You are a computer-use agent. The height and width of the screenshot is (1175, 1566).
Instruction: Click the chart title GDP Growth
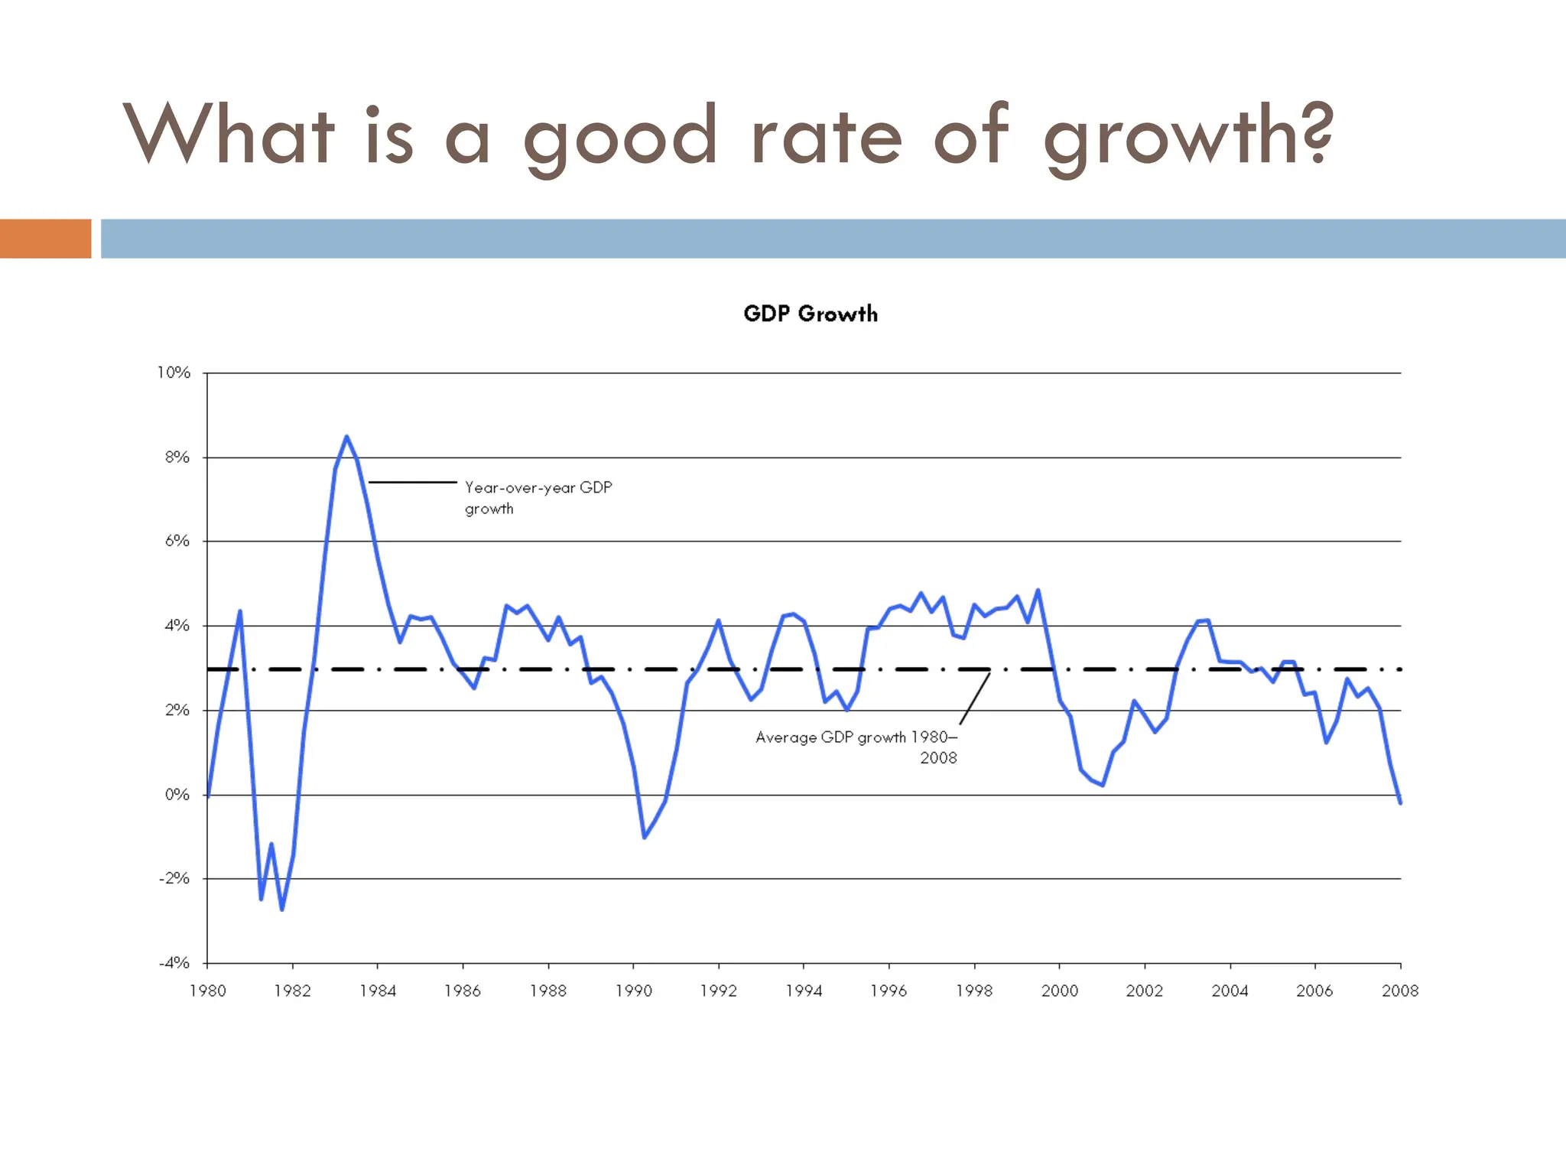pos(810,314)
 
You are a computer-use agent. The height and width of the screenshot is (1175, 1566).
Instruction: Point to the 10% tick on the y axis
pos(174,373)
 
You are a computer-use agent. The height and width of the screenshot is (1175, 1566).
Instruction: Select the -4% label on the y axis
pos(174,962)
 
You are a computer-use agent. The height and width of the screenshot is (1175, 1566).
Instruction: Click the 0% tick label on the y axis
pos(177,794)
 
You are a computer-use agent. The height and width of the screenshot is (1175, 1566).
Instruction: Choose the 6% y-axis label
pos(177,541)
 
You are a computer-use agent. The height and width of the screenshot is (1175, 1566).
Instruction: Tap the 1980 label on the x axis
pos(207,991)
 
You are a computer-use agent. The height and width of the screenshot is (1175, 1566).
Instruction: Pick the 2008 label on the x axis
pos(1399,991)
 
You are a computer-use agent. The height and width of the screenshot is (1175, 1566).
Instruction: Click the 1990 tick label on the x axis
pos(633,991)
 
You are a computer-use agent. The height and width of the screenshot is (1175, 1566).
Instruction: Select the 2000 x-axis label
pos(1059,991)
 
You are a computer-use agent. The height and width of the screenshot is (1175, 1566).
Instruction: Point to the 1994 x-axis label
pos(804,991)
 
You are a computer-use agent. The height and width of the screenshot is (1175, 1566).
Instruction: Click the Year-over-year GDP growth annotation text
pos(538,497)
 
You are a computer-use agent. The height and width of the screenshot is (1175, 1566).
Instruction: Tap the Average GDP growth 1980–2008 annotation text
pos(856,747)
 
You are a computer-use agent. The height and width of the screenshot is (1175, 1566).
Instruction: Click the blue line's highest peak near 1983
pos(346,437)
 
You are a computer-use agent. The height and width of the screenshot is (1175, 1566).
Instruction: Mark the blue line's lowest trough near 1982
pos(282,909)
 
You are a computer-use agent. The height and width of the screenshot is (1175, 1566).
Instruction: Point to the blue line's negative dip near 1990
pos(645,837)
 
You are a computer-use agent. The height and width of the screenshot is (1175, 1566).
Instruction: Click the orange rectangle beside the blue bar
pos(45,239)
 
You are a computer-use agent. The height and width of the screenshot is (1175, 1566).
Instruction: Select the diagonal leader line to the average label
pos(974,698)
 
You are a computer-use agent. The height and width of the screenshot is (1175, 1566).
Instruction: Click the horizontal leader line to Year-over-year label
pos(413,482)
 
